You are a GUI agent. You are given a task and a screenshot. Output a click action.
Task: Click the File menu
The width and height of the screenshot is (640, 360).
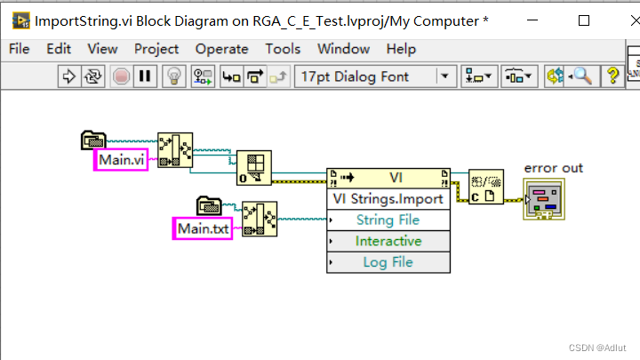(x=19, y=49)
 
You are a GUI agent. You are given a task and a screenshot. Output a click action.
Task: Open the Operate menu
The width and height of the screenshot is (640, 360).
(x=221, y=49)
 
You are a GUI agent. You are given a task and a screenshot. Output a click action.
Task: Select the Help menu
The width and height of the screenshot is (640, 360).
(x=401, y=49)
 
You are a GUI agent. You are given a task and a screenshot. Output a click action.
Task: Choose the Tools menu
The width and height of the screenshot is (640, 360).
(x=283, y=49)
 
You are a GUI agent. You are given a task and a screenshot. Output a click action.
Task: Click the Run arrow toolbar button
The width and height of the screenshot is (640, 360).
(x=69, y=76)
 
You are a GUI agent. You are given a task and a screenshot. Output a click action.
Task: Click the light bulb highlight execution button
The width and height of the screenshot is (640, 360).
(x=175, y=76)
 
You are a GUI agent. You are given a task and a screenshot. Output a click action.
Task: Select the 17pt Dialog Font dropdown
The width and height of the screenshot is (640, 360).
(x=373, y=76)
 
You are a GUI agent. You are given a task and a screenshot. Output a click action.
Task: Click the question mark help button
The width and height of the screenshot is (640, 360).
(x=612, y=76)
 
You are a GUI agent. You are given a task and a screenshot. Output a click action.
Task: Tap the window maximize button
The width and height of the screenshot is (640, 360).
(x=584, y=20)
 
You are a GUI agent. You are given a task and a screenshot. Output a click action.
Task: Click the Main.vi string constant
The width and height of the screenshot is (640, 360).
(x=120, y=160)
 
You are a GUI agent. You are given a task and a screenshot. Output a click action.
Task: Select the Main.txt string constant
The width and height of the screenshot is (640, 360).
(x=202, y=228)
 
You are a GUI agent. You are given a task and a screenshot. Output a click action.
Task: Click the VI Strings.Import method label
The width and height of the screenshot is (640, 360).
(x=388, y=198)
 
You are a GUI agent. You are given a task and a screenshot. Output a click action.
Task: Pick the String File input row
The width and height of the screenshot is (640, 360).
(x=388, y=220)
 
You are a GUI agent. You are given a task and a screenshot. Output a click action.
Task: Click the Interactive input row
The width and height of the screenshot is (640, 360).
(x=388, y=241)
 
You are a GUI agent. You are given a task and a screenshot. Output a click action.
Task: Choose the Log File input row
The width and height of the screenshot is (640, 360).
(x=388, y=262)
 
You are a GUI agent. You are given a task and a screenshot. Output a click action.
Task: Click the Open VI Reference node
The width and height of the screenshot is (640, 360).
(x=254, y=167)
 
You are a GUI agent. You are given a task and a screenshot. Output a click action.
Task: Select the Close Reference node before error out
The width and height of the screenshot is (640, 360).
(x=486, y=188)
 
